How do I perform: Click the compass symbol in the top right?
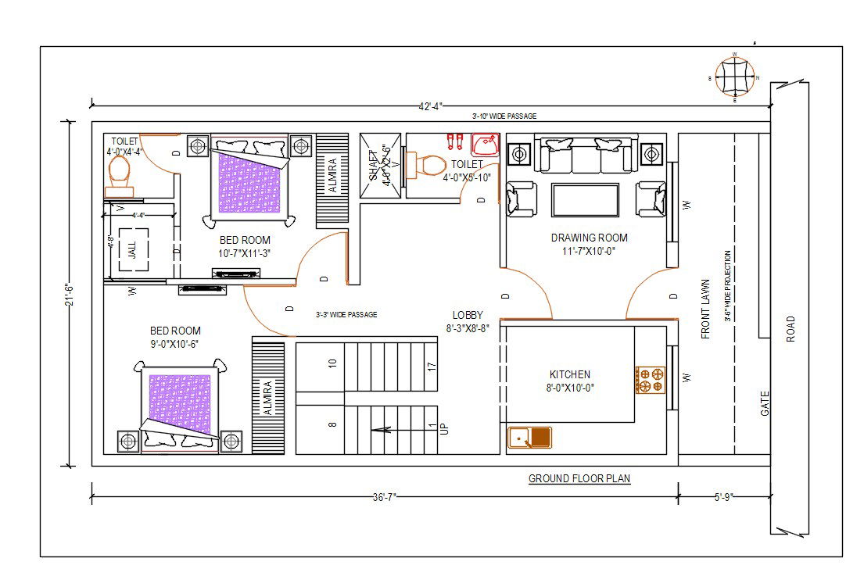coord(734,77)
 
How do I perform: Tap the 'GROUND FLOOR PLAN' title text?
coord(579,479)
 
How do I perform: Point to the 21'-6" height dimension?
coord(68,295)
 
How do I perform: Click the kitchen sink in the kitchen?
coord(529,438)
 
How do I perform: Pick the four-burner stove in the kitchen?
coord(651,379)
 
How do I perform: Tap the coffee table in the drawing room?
coord(585,199)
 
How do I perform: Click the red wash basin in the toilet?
coord(485,145)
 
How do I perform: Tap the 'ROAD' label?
coord(790,328)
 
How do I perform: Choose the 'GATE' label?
coord(765,402)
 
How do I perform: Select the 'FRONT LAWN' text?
coord(705,309)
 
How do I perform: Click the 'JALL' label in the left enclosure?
coord(132,250)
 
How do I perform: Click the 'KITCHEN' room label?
coord(570,374)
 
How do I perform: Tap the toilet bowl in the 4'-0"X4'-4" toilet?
coord(120,170)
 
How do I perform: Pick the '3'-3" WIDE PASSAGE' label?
coord(346,315)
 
